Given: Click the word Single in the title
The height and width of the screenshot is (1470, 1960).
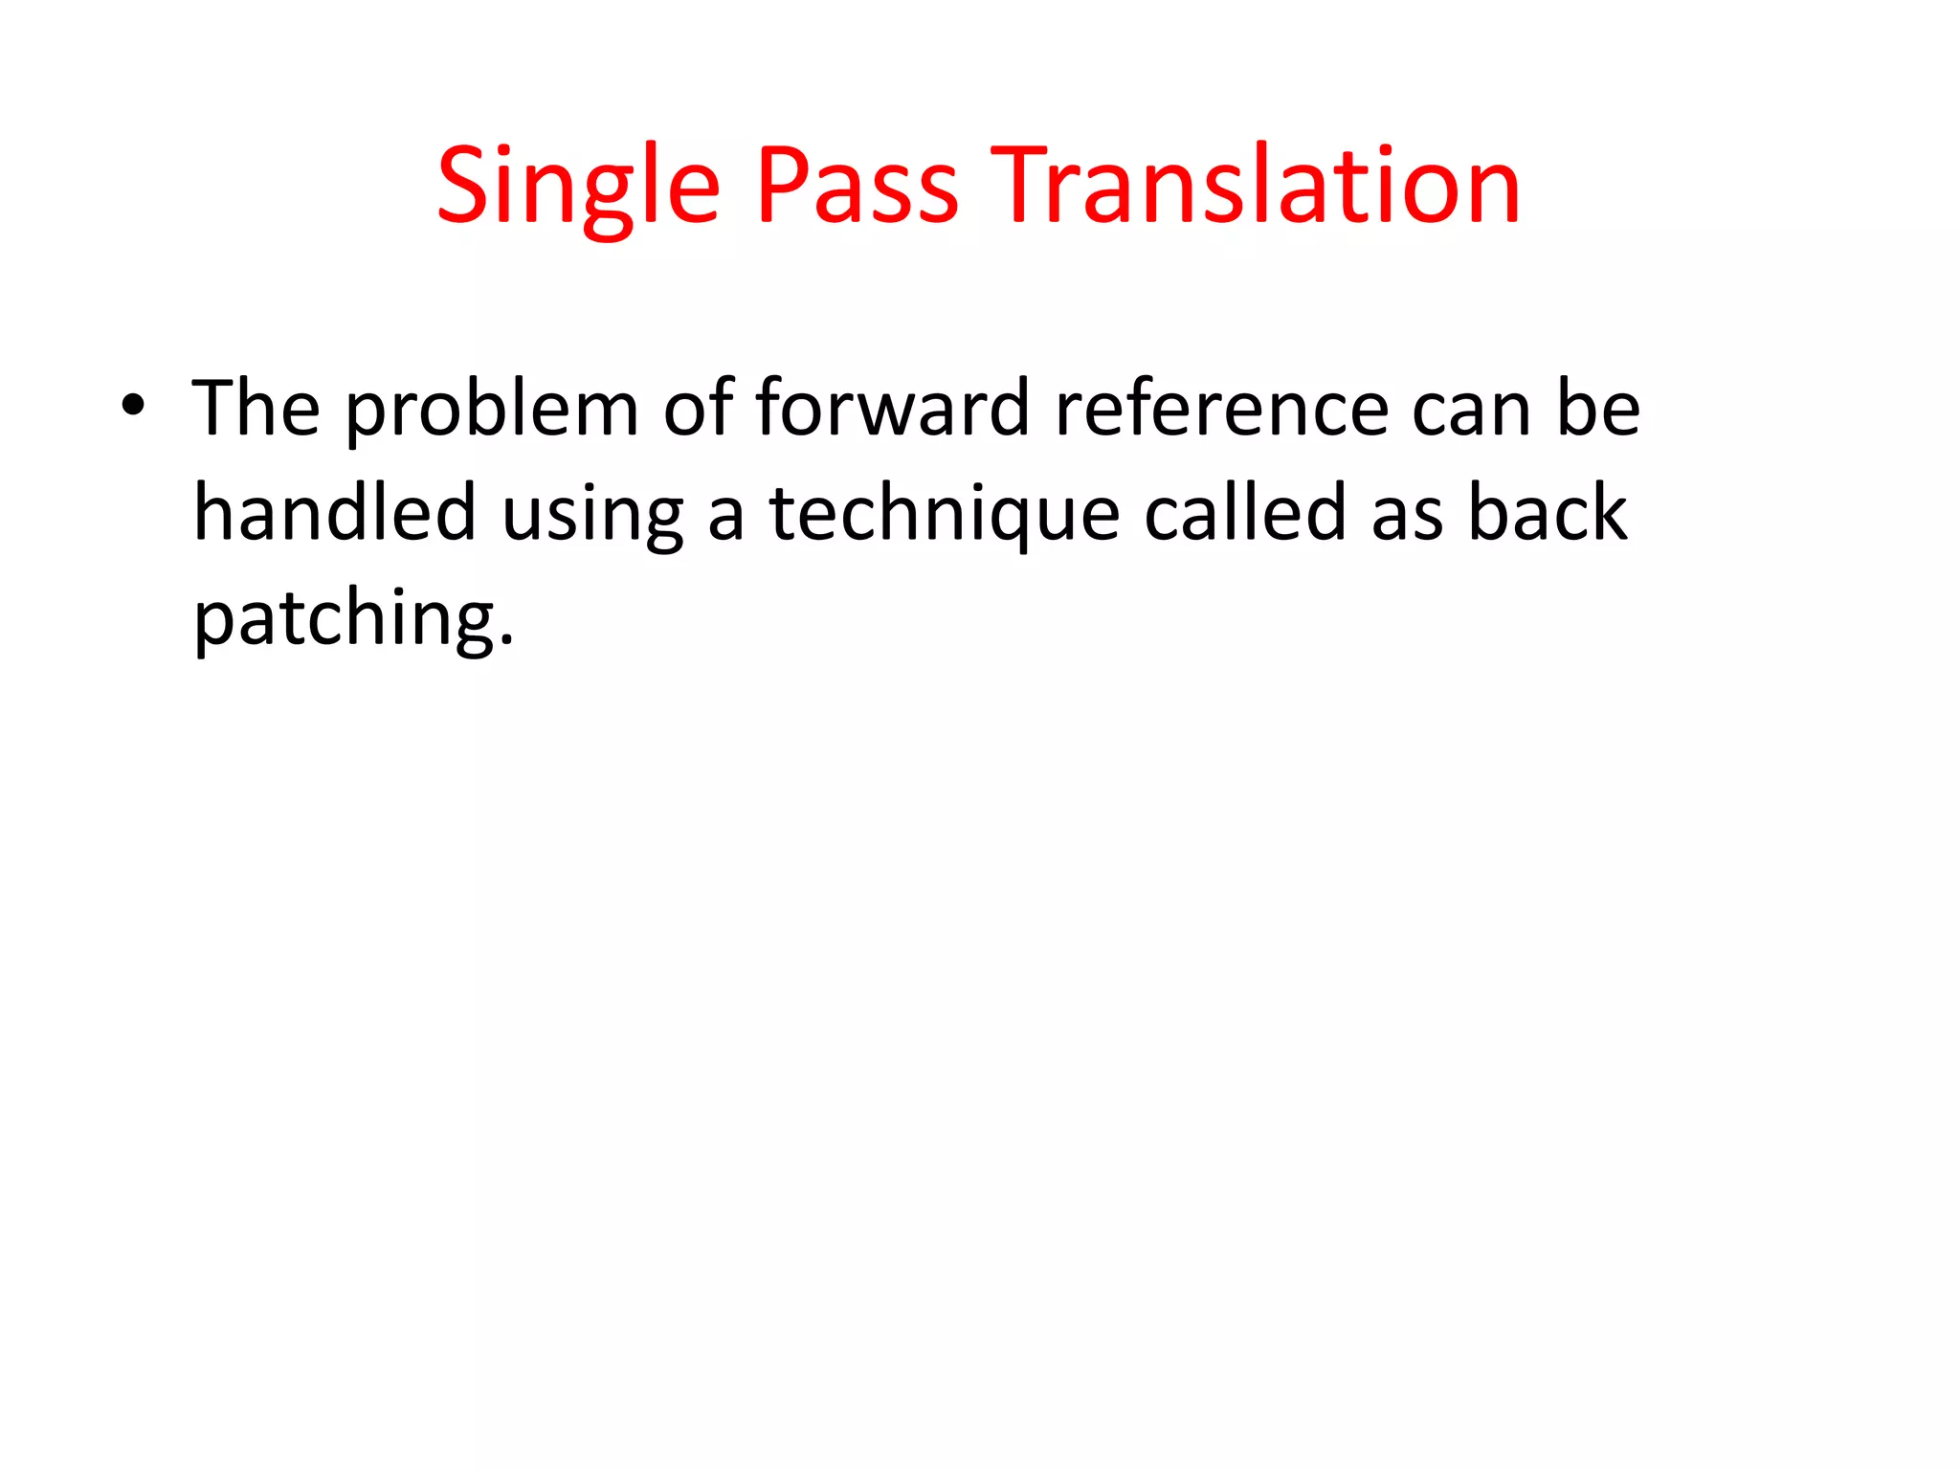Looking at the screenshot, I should pyautogui.click(x=578, y=187).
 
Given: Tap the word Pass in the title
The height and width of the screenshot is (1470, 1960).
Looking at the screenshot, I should pyautogui.click(x=857, y=187).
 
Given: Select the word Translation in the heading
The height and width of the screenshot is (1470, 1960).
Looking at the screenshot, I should pyautogui.click(x=1256, y=187).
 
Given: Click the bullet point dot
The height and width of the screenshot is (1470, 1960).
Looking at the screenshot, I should pyautogui.click(x=133, y=406).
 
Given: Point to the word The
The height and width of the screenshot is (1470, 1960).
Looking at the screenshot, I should pyautogui.click(x=256, y=409).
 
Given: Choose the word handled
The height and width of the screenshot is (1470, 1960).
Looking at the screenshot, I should pyautogui.click(x=334, y=513).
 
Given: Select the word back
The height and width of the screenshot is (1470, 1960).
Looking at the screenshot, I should pyautogui.click(x=1548, y=513).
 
